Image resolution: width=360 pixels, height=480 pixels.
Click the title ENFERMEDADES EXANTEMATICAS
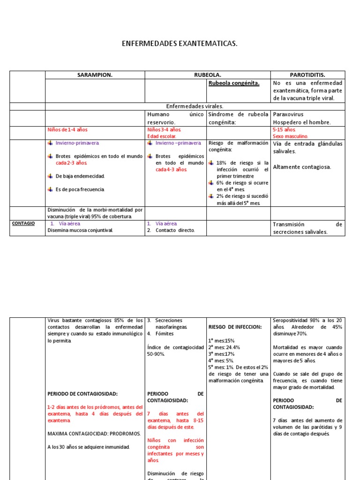tap(180, 44)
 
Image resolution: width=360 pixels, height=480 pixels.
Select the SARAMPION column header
tap(95, 75)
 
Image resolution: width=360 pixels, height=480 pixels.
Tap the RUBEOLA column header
tap(208, 75)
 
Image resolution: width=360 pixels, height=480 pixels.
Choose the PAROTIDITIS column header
tap(308, 75)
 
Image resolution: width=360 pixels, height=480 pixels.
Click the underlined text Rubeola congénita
tap(233, 83)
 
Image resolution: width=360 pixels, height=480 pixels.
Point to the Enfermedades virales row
tap(195, 106)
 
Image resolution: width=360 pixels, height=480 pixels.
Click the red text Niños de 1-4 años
tap(67, 129)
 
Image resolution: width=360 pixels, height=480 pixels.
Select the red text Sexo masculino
tap(291, 136)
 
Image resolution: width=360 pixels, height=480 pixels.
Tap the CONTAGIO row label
tap(23, 224)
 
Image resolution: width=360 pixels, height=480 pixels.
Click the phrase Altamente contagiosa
tap(301, 167)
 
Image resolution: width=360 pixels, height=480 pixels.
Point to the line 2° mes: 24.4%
tap(221, 347)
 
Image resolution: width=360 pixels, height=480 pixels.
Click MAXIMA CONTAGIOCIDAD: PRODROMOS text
tap(94, 434)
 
